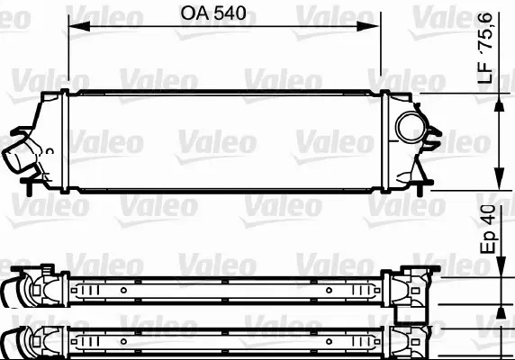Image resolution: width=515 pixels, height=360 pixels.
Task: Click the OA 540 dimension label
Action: (213, 13)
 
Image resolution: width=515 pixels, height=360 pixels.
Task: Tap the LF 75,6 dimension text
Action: (485, 48)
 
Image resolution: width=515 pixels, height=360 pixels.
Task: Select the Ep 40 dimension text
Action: (488, 229)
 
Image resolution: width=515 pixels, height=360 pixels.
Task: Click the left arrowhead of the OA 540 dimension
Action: (79, 26)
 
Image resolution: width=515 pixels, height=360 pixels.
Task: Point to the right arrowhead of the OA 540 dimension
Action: (368, 26)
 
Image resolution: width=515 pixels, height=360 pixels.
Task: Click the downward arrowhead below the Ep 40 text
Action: (501, 266)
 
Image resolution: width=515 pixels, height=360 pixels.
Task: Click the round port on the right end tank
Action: (411, 127)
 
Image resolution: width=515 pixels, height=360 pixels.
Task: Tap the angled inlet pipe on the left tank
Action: (18, 154)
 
